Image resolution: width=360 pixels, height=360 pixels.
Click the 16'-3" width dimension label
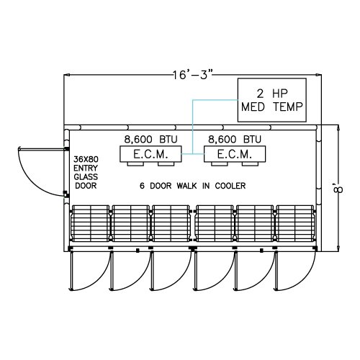pyautogui.click(x=193, y=75)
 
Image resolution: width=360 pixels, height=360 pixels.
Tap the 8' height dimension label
pyautogui.click(x=338, y=188)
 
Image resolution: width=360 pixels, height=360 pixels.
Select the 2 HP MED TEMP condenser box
pyautogui.click(x=272, y=100)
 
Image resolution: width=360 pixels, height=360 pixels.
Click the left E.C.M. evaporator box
pyautogui.click(x=150, y=154)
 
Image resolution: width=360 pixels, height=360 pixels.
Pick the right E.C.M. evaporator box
pyautogui.click(x=235, y=154)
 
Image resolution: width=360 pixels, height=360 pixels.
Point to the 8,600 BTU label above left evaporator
pyautogui.click(x=150, y=140)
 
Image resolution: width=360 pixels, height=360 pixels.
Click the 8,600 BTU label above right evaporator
pyautogui.click(x=235, y=140)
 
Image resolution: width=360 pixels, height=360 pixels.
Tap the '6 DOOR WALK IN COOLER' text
pyautogui.click(x=193, y=186)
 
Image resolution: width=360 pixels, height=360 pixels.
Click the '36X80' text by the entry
pyautogui.click(x=86, y=159)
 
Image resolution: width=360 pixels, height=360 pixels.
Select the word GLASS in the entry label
pyautogui.click(x=86, y=177)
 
